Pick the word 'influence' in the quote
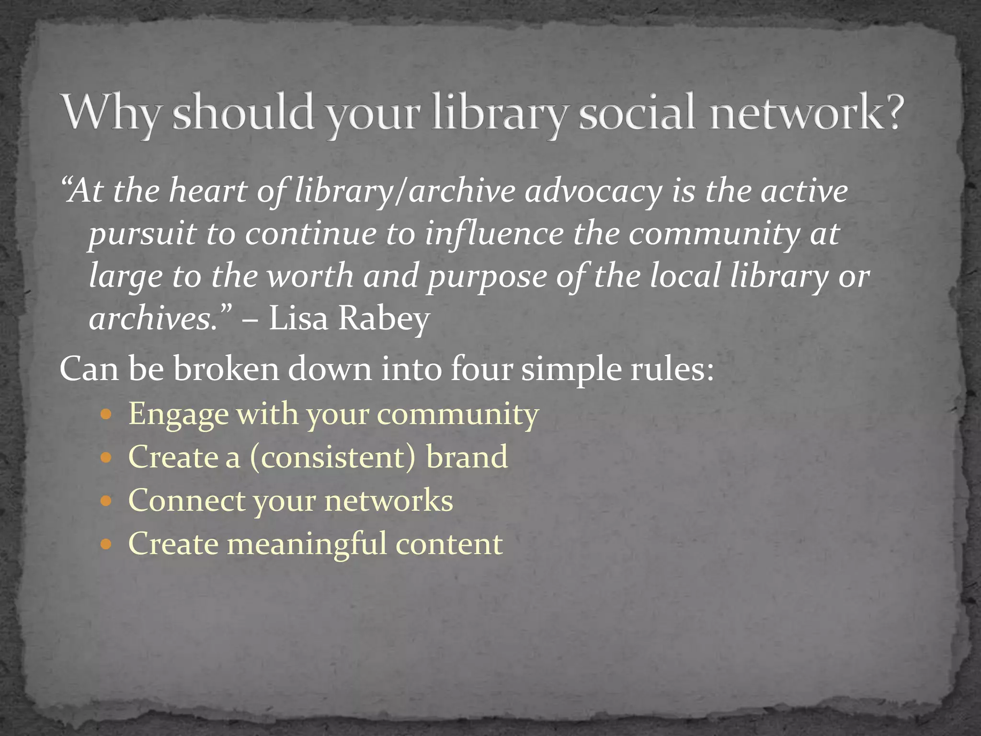click(x=494, y=234)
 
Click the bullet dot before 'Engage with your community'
click(x=106, y=414)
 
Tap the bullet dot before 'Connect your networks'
click(x=106, y=501)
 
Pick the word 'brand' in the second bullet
click(x=467, y=457)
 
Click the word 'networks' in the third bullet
click(x=388, y=501)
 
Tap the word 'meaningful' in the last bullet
click(x=307, y=544)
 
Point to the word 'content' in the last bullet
click(x=449, y=544)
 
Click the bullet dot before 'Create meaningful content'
click(x=106, y=545)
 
